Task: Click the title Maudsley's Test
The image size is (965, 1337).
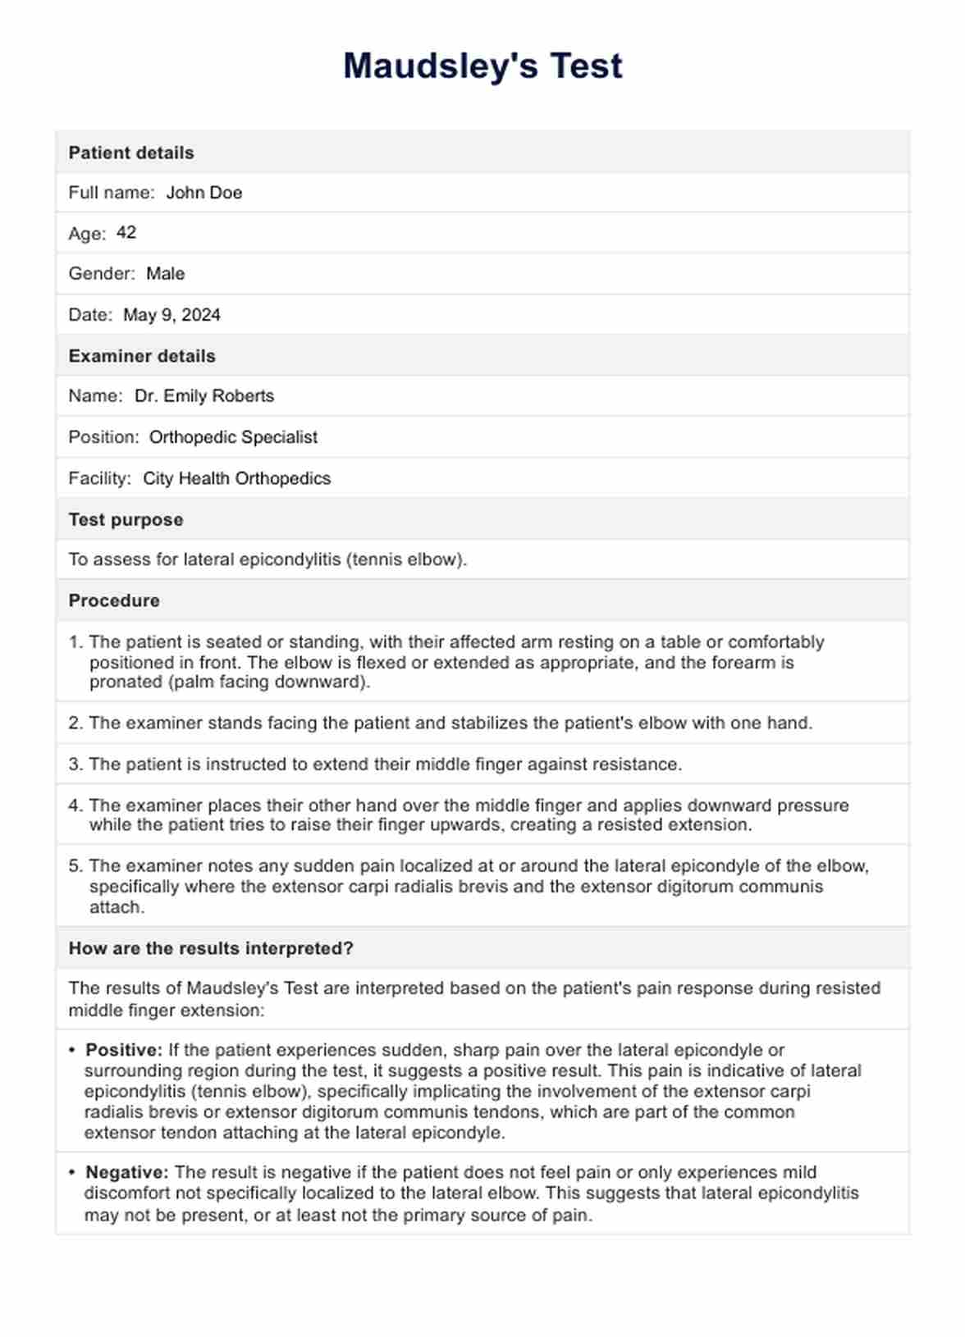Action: click(x=483, y=66)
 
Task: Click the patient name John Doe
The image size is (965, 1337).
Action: click(x=204, y=193)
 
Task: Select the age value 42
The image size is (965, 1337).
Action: click(x=126, y=233)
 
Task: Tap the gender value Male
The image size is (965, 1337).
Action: click(x=165, y=274)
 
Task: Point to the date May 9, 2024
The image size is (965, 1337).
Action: click(x=172, y=315)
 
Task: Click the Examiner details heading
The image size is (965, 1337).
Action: click(x=142, y=356)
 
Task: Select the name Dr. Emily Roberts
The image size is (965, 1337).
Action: click(x=204, y=396)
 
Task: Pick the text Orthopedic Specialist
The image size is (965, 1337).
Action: click(x=233, y=437)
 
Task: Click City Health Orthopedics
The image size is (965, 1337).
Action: click(x=236, y=478)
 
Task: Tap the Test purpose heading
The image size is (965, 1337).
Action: click(x=126, y=520)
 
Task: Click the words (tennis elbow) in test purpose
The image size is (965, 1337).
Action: click(x=405, y=559)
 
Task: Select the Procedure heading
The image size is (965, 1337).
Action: click(x=114, y=600)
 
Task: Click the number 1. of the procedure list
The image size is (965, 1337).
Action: click(x=75, y=642)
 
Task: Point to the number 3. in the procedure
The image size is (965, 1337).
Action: click(x=75, y=764)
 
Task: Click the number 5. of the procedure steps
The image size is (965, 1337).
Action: click(x=75, y=866)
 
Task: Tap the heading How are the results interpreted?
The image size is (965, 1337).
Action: click(x=211, y=948)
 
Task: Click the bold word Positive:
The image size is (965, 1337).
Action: click(x=125, y=1050)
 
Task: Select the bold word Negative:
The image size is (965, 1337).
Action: click(x=127, y=1172)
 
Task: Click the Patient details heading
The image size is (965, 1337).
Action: click(x=131, y=153)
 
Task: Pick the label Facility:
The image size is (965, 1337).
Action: click(x=99, y=478)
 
